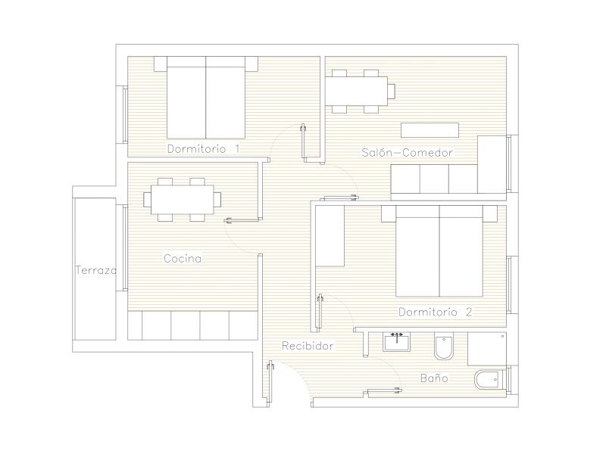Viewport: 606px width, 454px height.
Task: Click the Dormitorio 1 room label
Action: point(203,148)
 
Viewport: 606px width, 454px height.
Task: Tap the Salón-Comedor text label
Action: point(407,153)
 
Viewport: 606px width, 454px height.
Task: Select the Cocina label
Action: point(183,258)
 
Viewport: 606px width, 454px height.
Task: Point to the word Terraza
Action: point(96,270)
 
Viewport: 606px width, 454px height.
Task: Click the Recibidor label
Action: point(308,346)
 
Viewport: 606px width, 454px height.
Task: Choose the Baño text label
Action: point(434,378)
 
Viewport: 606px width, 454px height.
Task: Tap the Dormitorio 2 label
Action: point(435,312)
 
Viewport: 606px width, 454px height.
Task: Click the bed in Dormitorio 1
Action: point(206,98)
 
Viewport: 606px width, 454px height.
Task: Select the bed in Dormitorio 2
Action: point(439,251)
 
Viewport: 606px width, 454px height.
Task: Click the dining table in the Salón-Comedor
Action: point(356,91)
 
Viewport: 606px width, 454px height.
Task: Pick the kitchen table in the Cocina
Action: point(182,200)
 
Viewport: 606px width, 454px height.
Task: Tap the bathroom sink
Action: point(396,343)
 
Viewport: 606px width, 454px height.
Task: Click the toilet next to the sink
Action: point(443,346)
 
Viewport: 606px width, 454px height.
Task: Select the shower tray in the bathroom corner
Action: point(487,349)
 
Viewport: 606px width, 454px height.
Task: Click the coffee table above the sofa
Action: point(430,130)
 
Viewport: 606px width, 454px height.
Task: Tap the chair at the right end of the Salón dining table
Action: point(392,91)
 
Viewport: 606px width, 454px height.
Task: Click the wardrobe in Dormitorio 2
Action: point(330,236)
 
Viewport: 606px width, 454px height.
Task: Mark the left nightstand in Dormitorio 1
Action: point(161,64)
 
